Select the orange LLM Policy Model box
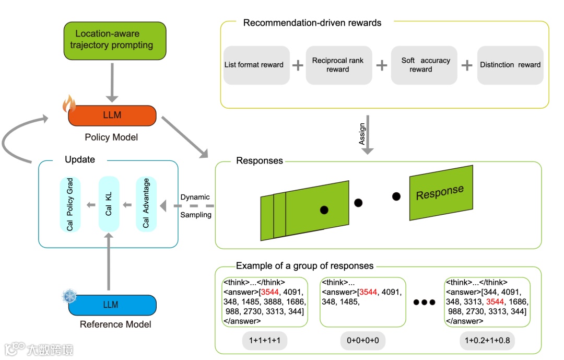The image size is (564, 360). point(112,115)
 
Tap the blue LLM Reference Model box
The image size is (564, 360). point(112,305)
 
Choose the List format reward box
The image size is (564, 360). point(254,65)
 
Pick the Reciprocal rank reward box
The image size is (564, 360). point(337,65)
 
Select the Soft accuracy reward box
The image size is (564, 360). point(424,65)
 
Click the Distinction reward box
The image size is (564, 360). point(510,65)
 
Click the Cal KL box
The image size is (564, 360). point(109,204)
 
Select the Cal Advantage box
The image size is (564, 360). point(146,204)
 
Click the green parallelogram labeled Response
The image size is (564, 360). point(441,193)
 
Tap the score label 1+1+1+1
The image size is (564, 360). point(265,341)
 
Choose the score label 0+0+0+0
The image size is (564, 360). point(362,341)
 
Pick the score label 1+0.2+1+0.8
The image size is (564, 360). point(488,341)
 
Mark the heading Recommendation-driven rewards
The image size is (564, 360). point(312,22)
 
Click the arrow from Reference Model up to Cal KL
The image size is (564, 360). point(109,261)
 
